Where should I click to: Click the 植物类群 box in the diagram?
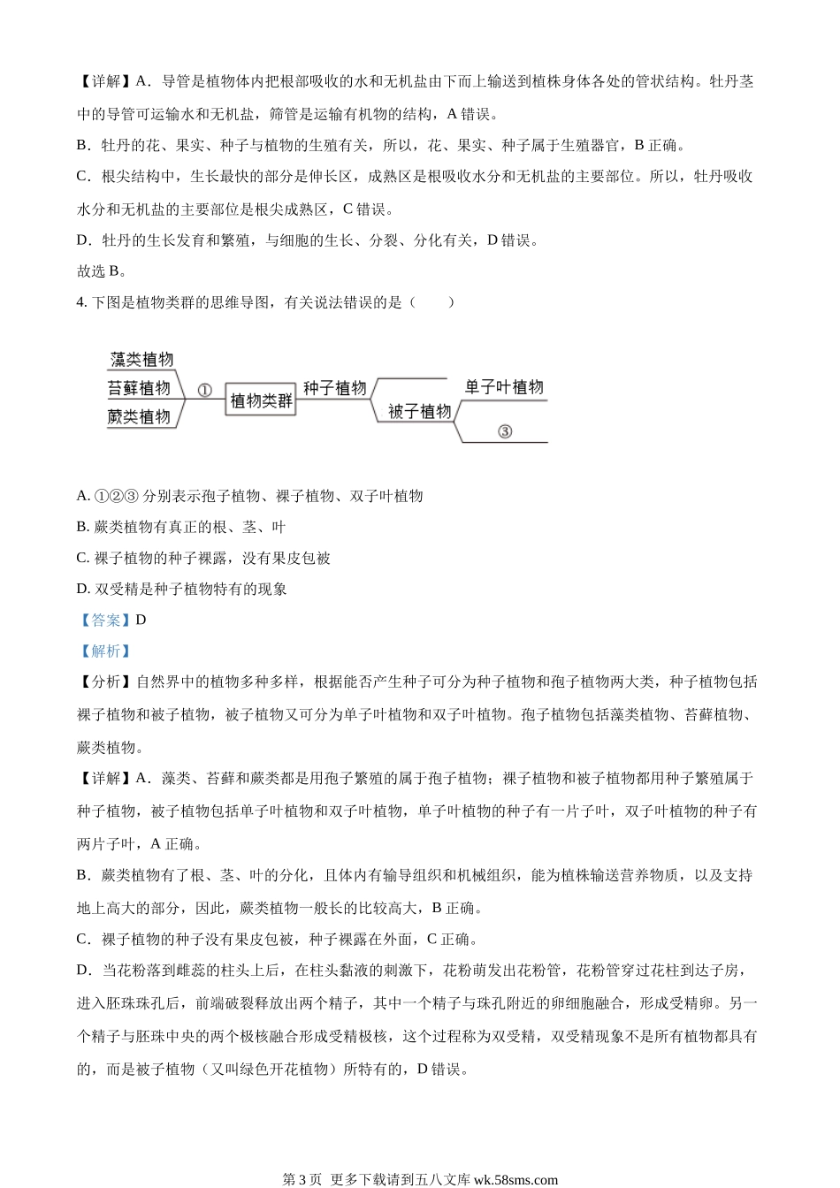(x=261, y=400)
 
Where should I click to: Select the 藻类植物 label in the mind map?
(x=141, y=360)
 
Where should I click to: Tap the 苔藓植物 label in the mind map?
(x=139, y=388)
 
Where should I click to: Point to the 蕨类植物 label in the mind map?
(x=139, y=416)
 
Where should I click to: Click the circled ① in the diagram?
(x=204, y=390)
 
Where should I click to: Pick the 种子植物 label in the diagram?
(x=334, y=388)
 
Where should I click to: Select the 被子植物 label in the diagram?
(x=419, y=411)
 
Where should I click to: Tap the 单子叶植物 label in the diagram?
(x=504, y=387)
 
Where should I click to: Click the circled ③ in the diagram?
(x=504, y=431)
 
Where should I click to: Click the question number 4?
(x=81, y=302)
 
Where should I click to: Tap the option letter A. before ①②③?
(x=84, y=496)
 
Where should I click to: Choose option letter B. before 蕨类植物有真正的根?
(x=84, y=527)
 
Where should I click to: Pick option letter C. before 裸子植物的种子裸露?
(x=84, y=558)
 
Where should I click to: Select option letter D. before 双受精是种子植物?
(x=84, y=589)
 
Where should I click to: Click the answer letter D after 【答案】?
(x=141, y=621)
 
